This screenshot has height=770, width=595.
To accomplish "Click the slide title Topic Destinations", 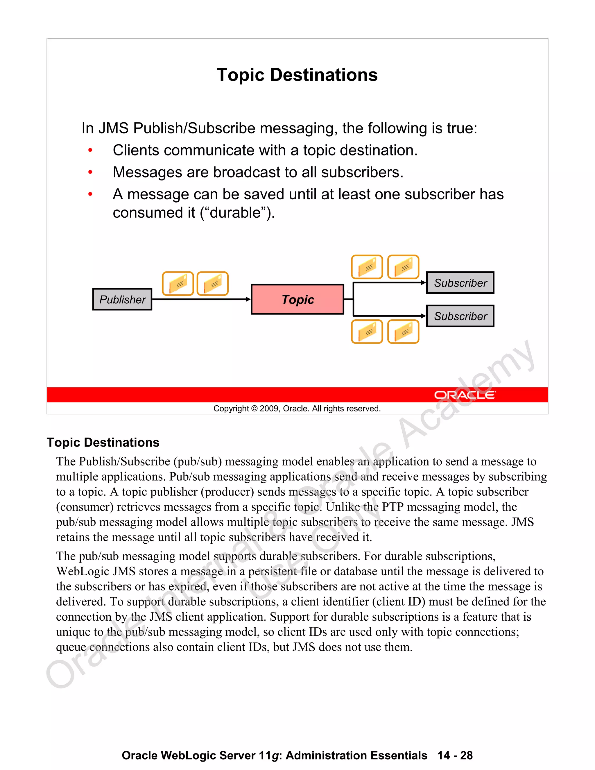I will tap(297, 75).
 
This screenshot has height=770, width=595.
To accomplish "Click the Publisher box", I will tap(122, 299).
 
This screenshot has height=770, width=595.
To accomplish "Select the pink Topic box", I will tap(297, 299).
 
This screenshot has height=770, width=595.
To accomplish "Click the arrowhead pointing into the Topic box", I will tap(248, 299).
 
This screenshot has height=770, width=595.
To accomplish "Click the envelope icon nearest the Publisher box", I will tap(178, 284).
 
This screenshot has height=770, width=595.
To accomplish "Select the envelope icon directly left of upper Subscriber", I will tap(403, 267).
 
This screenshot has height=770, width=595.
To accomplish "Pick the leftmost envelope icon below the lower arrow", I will tap(367, 332).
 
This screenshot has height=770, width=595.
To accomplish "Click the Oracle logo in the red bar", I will tap(465, 395).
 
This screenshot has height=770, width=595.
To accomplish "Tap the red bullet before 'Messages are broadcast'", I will tap(90, 172).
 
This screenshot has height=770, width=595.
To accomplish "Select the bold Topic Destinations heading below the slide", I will tap(103, 443).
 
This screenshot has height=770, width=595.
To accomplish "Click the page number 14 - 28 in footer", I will tap(455, 755).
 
